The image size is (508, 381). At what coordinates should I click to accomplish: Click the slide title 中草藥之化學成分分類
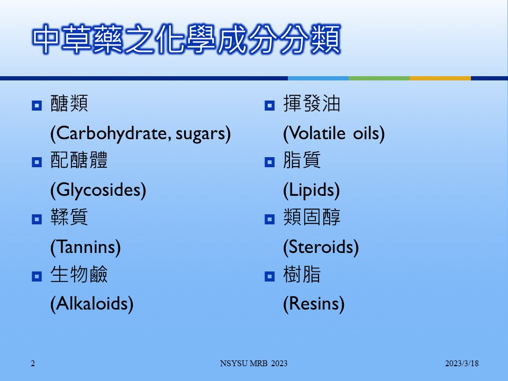pyautogui.click(x=187, y=39)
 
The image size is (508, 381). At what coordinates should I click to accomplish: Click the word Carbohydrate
pyautogui.click(x=111, y=133)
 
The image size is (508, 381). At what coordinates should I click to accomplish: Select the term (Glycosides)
pyautogui.click(x=98, y=190)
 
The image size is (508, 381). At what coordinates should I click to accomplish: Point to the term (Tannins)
pyautogui.click(x=86, y=247)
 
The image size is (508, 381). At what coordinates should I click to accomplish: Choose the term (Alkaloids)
pyautogui.click(x=92, y=304)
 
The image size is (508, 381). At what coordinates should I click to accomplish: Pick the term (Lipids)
pyautogui.click(x=311, y=190)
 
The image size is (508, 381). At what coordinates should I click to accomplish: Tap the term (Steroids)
pyautogui.click(x=321, y=247)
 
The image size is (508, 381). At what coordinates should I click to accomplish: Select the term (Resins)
pyautogui.click(x=314, y=304)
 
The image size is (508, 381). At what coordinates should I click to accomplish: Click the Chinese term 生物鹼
pyautogui.click(x=79, y=274)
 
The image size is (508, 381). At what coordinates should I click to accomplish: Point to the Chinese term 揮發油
pyautogui.click(x=312, y=103)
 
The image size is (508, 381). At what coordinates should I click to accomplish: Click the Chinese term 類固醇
pyautogui.click(x=312, y=217)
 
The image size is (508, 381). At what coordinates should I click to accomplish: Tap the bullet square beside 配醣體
pyautogui.click(x=37, y=162)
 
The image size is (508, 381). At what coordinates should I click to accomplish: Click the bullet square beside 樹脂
pyautogui.click(x=269, y=276)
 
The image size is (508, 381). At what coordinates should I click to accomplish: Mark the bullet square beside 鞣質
pyautogui.click(x=37, y=219)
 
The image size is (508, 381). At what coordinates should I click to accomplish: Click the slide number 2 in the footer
pyautogui.click(x=33, y=364)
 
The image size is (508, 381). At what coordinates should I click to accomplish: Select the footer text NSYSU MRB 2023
pyautogui.click(x=253, y=364)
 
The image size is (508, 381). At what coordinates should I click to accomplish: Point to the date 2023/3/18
pyautogui.click(x=461, y=364)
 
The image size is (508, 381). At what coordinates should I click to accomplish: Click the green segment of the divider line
pyautogui.click(x=379, y=78)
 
